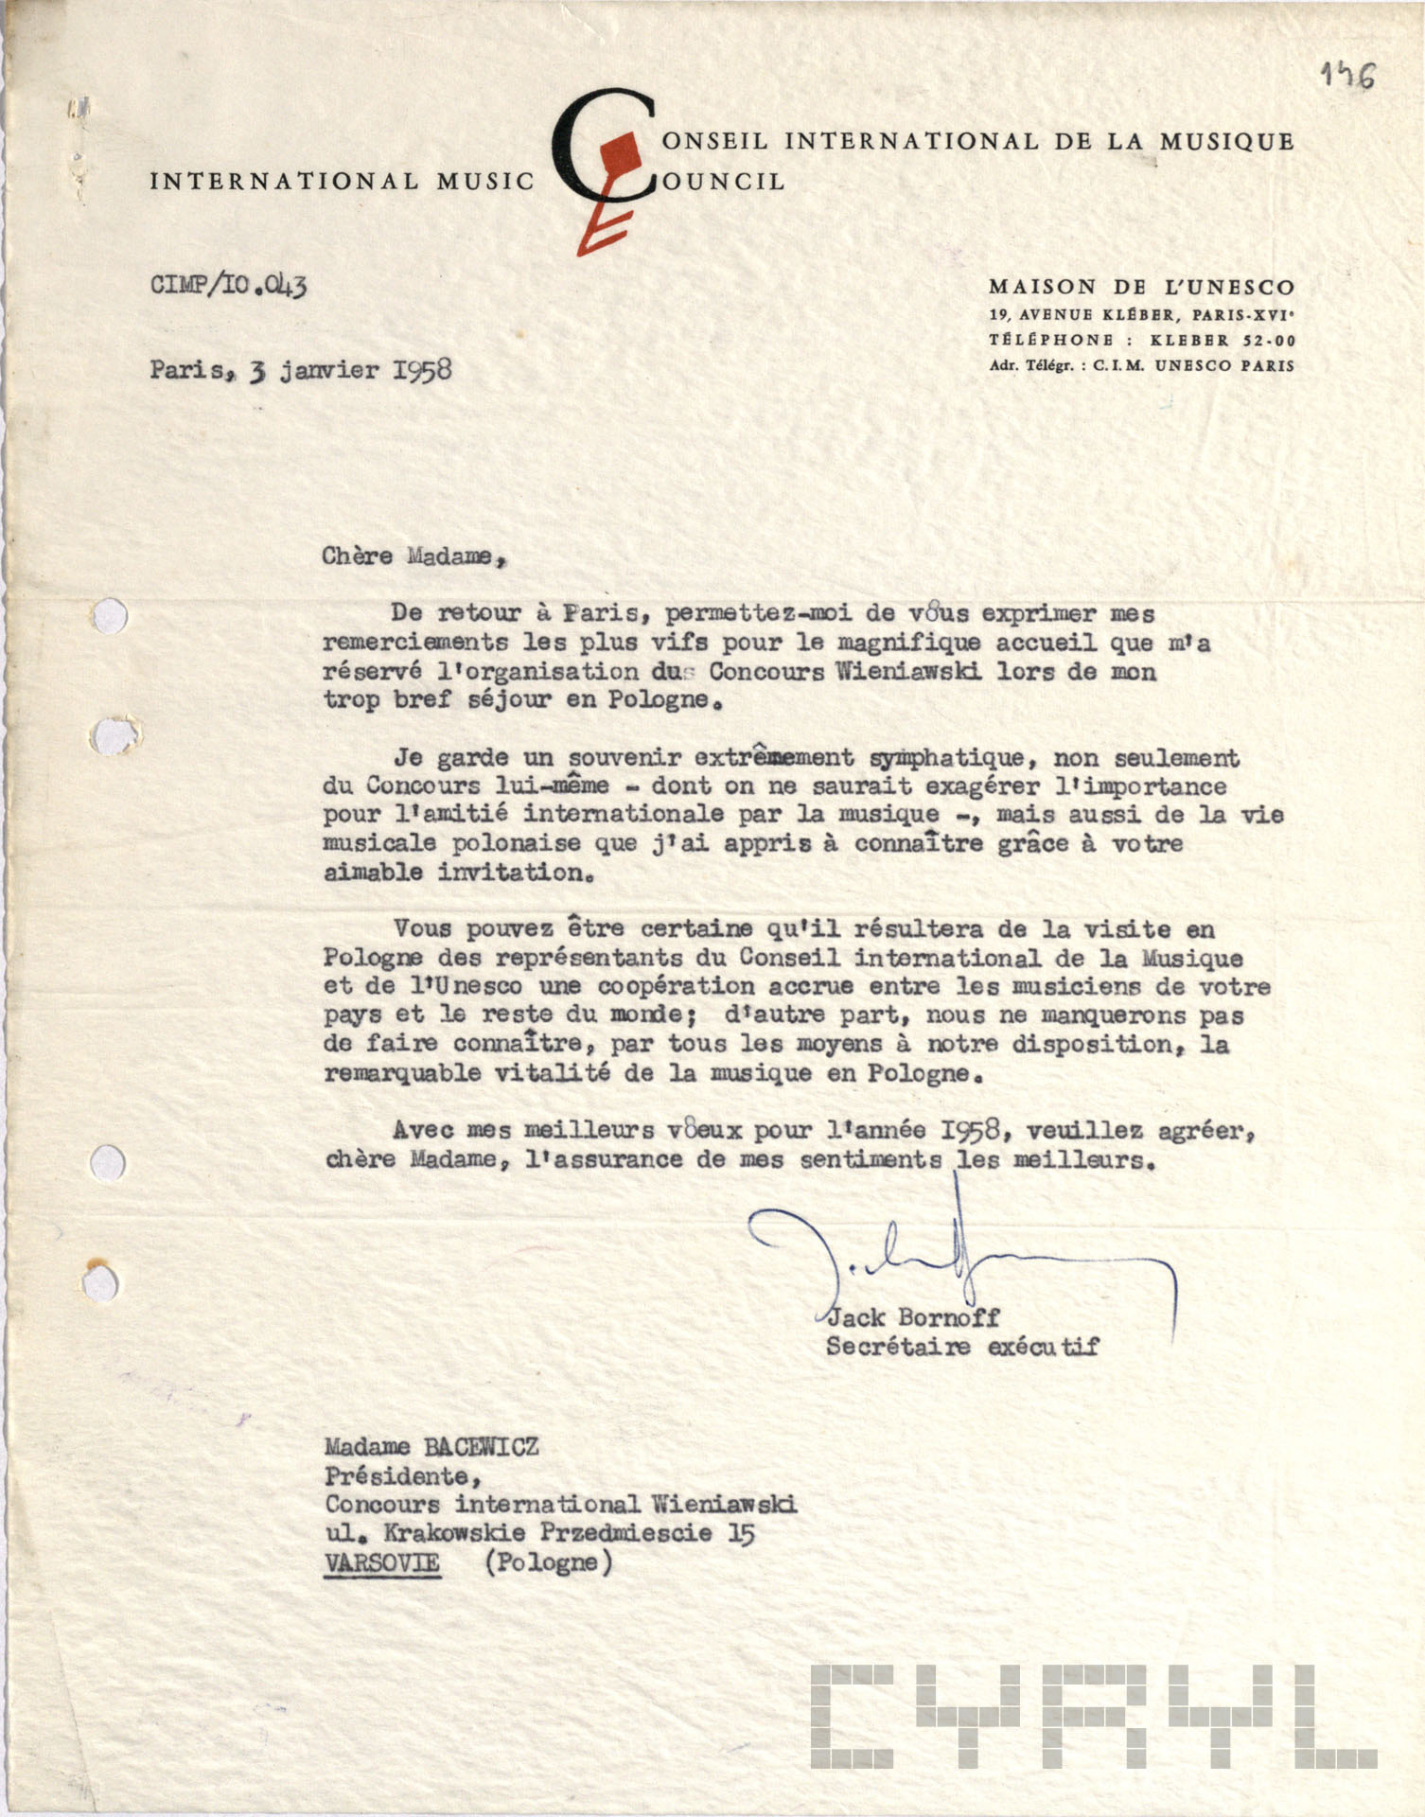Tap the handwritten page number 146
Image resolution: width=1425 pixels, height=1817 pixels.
[x=1349, y=76]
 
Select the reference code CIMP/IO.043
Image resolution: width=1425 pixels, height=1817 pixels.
[x=228, y=284]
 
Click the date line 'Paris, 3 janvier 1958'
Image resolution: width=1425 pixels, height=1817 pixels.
[x=300, y=369]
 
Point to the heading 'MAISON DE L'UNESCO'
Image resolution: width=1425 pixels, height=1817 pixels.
[x=1141, y=287]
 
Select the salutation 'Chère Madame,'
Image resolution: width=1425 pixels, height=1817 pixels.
[x=414, y=556]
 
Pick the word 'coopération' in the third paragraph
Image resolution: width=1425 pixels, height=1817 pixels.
[x=676, y=986]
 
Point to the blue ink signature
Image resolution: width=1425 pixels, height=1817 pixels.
[x=956, y=1259]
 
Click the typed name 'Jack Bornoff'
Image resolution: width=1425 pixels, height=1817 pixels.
[x=913, y=1316]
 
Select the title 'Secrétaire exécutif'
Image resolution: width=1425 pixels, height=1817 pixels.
[x=961, y=1346]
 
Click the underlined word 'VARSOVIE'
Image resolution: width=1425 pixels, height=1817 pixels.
[x=381, y=1561]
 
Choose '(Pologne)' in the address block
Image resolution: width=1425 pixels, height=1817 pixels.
[x=548, y=1561]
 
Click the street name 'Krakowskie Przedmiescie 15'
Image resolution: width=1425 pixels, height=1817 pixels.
[x=568, y=1532]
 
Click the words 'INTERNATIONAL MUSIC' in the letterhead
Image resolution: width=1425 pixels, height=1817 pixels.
[x=342, y=181]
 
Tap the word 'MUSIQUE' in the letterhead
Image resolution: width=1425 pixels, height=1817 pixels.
[x=1227, y=142]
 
